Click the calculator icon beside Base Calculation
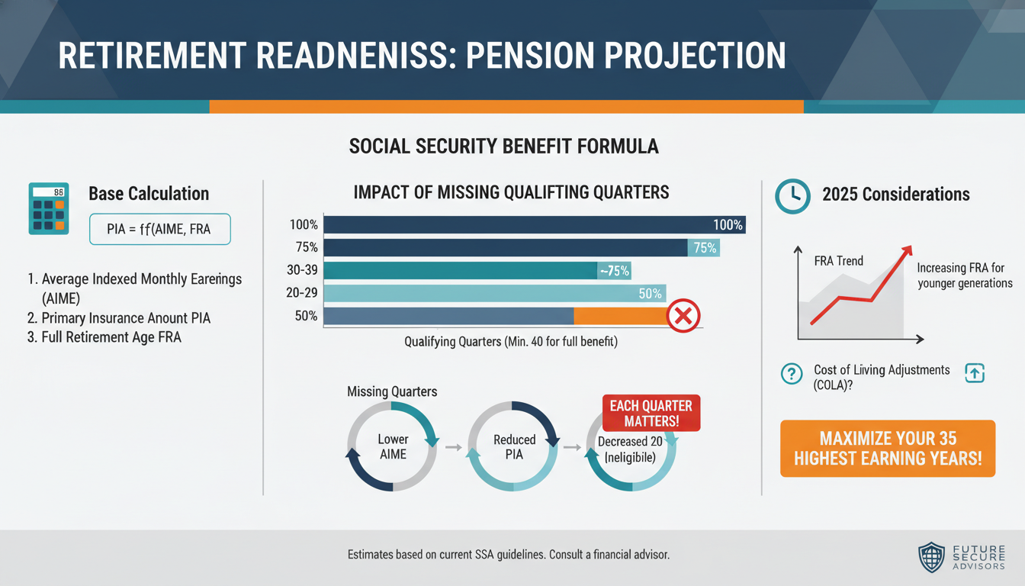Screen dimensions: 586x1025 tap(48, 208)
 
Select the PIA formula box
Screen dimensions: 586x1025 tap(159, 229)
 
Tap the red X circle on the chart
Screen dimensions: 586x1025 tap(683, 316)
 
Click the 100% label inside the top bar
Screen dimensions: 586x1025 tap(728, 225)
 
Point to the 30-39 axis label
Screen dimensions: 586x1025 tap(304, 270)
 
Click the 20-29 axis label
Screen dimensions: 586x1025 tap(304, 293)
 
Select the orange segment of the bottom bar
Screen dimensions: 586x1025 tap(619, 316)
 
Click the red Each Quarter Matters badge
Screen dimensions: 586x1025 tap(651, 413)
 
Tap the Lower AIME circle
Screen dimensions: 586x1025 tap(393, 446)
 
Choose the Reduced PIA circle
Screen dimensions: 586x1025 tap(514, 446)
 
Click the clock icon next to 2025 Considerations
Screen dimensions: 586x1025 tap(792, 195)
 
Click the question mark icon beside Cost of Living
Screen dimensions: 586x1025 tap(792, 374)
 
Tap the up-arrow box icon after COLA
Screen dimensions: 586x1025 tap(975, 373)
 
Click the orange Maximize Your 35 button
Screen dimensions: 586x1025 tap(887, 449)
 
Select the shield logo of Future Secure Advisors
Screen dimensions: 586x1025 tap(931, 557)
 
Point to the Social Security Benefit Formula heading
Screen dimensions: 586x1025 tap(503, 146)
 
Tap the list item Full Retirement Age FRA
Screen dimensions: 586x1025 tap(104, 336)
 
